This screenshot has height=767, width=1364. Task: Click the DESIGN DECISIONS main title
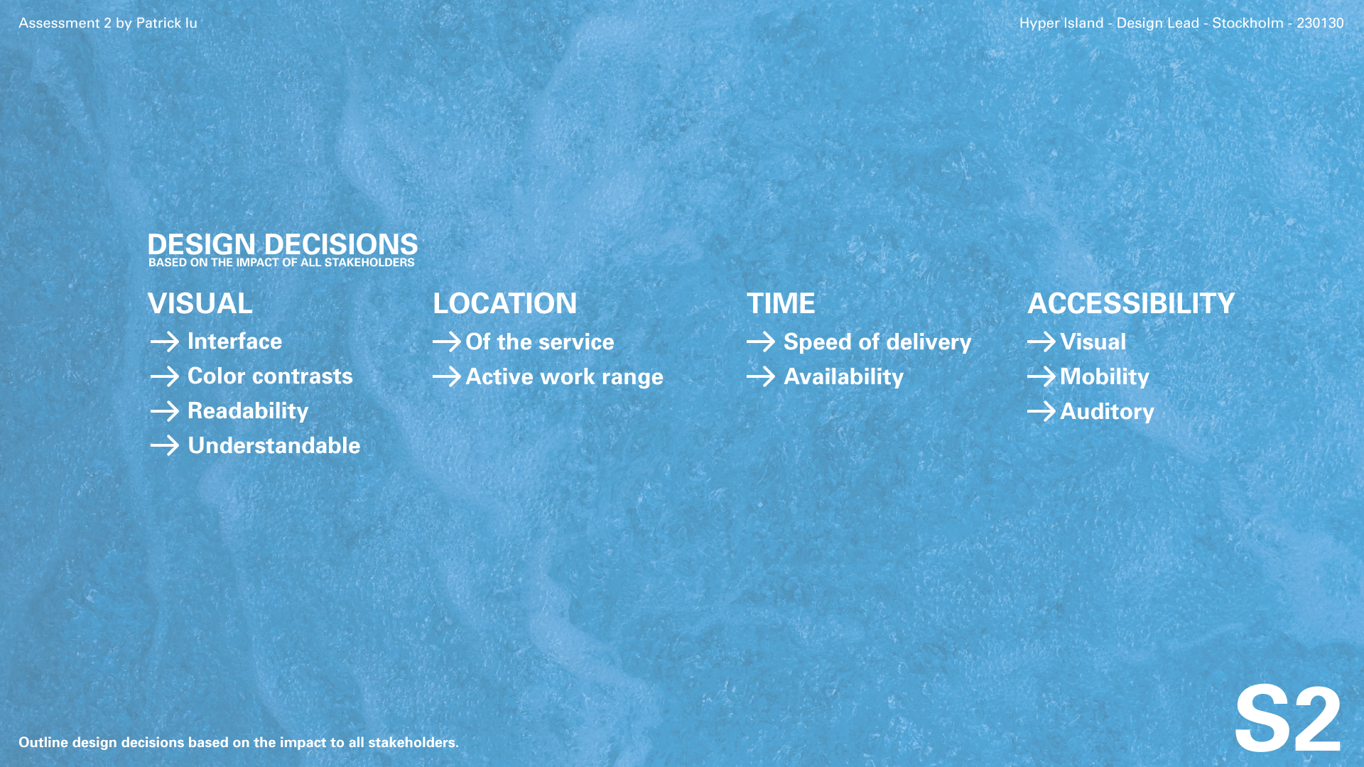[283, 244]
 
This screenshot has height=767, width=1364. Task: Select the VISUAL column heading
[200, 304]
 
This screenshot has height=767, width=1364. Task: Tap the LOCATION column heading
[505, 304]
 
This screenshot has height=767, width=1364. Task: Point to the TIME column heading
[781, 304]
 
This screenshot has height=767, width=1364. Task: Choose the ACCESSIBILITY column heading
[1131, 304]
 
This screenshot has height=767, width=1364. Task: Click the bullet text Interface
[234, 342]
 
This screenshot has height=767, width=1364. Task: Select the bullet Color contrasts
[270, 376]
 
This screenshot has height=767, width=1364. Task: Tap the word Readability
[248, 411]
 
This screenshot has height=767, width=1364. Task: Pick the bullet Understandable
[274, 446]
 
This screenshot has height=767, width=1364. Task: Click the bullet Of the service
[540, 342]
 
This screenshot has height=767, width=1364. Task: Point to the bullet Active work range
[565, 377]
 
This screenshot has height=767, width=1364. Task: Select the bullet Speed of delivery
[877, 342]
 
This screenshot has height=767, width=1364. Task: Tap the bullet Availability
[844, 377]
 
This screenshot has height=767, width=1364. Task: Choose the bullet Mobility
[1105, 377]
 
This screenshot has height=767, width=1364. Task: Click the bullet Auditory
[1108, 412]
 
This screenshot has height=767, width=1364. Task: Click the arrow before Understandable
[165, 446]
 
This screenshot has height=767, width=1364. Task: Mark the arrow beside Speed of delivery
[761, 342]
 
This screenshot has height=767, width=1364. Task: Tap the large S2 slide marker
[1288, 719]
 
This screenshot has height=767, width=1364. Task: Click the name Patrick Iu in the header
[167, 23]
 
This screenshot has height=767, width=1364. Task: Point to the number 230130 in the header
[1320, 23]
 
